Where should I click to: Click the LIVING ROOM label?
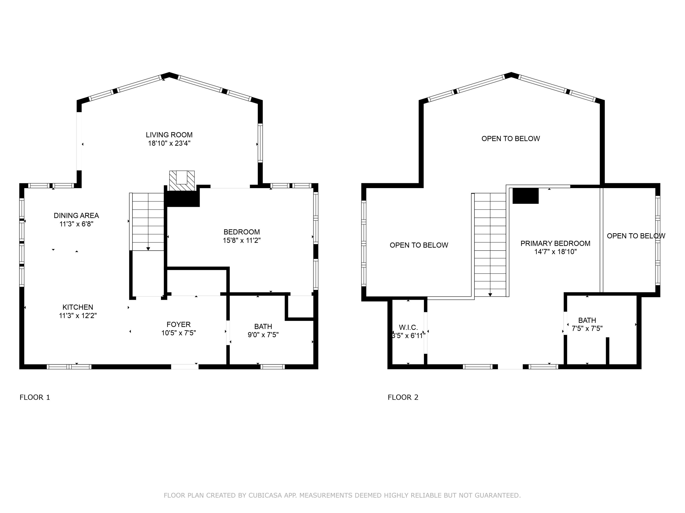click(169, 135)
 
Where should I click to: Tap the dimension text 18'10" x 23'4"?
click(169, 143)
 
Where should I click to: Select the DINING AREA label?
click(76, 215)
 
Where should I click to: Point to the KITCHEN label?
click(78, 307)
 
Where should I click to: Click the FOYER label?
click(179, 324)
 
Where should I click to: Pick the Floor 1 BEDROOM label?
click(242, 232)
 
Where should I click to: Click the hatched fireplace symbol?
click(182, 181)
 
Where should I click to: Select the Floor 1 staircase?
click(147, 222)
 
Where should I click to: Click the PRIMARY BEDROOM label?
click(556, 243)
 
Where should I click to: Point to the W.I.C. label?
click(408, 327)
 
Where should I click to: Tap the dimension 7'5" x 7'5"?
click(587, 328)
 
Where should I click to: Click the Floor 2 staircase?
click(490, 245)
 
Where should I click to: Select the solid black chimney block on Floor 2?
click(526, 196)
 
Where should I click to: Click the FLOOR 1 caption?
click(35, 397)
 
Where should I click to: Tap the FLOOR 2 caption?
click(403, 397)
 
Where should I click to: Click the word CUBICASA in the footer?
click(265, 495)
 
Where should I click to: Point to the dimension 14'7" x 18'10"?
click(556, 252)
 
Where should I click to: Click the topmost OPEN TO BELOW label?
click(511, 139)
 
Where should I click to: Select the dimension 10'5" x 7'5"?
click(179, 333)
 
